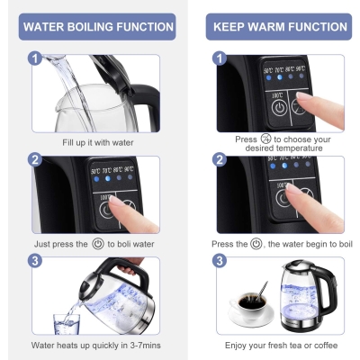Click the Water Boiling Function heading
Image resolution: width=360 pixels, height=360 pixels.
coord(98,27)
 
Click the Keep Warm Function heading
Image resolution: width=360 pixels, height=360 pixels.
coord(280,27)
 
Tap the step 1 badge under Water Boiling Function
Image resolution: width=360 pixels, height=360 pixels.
coord(35,58)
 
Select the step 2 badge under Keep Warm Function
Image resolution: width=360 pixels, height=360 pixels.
coord(220,159)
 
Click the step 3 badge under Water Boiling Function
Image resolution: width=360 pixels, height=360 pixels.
coord(35,261)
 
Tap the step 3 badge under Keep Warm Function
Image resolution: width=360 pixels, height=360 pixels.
coord(220,261)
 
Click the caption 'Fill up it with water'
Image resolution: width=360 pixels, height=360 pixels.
coord(98,142)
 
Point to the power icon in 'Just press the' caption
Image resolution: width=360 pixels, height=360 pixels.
coord(98,244)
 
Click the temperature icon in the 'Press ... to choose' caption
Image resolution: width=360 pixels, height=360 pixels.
coord(265,139)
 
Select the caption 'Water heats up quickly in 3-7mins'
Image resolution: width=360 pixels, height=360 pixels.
coord(96,346)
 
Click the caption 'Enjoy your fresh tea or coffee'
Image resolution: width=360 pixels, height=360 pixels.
coord(281,346)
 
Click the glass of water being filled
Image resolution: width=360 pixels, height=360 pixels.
coord(67,324)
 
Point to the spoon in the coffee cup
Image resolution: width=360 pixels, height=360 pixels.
coord(261,291)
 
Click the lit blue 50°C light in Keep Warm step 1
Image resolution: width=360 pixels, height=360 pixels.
coord(268,77)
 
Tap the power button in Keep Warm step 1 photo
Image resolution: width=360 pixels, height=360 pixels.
coord(279,108)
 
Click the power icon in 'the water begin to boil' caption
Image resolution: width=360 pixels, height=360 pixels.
coord(256,244)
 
